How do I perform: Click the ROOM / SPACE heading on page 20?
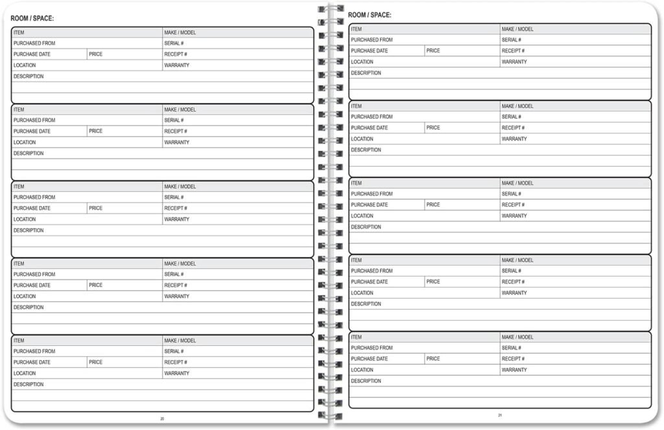[x=32, y=18]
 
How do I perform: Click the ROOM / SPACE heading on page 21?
[x=370, y=15]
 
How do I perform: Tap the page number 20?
[x=162, y=419]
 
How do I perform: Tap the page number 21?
[x=500, y=415]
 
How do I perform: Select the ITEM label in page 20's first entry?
[x=19, y=32]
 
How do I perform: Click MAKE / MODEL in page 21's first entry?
[x=517, y=29]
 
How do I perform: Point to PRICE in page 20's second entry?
[x=96, y=131]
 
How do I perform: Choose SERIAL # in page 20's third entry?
[x=174, y=198]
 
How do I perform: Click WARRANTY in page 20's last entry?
[x=176, y=374]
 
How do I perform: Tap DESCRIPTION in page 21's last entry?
[x=366, y=381]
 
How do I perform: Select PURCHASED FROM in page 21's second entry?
[x=372, y=117]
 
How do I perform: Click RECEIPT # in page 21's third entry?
[x=513, y=205]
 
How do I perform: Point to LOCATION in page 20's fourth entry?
[x=25, y=297]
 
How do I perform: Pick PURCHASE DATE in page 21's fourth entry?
[x=370, y=282]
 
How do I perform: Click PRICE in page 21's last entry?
[x=433, y=359]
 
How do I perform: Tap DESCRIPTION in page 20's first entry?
[x=29, y=76]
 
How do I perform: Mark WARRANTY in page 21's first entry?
[x=514, y=62]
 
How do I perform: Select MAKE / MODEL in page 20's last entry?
[x=180, y=341]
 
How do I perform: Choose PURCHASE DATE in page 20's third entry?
[x=32, y=209]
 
